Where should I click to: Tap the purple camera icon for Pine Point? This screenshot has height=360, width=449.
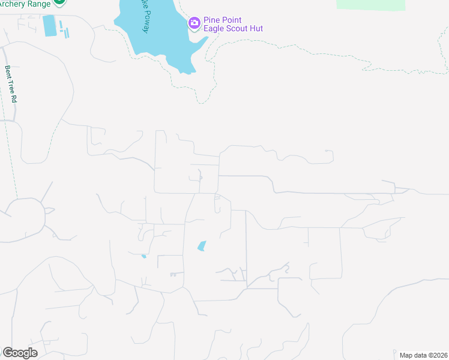194,23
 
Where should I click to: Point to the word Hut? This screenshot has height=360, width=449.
256,28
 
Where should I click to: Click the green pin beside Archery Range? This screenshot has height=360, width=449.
59,2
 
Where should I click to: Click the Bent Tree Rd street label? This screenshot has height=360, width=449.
11,83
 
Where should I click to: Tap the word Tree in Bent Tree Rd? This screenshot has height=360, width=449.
11,84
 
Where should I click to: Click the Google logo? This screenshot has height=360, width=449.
20,353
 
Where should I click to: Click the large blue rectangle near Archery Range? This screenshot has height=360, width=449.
49,25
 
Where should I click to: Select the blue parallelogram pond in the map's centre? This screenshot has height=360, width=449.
202,245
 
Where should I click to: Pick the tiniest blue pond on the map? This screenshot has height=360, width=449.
143,257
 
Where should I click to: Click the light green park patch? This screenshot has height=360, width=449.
370,4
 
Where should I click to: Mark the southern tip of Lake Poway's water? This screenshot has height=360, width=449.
187,72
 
